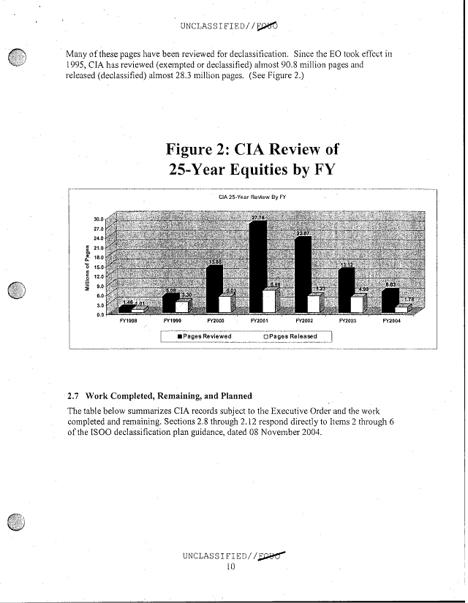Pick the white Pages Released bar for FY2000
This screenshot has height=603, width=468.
[226, 303]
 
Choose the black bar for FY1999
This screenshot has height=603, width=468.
[170, 301]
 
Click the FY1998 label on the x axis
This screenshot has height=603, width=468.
[129, 320]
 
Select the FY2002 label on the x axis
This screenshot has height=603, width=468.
[304, 320]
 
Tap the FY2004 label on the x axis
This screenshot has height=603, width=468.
[392, 320]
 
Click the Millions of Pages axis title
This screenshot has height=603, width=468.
[87, 267]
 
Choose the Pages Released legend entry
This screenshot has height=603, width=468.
[291, 336]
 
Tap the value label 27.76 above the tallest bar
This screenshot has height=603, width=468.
[258, 218]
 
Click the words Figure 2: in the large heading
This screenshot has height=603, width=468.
[200, 150]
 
